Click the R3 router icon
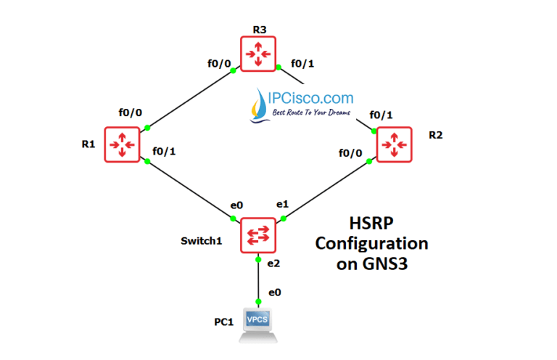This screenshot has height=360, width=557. [x=259, y=54]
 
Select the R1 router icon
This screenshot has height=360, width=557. [x=121, y=144]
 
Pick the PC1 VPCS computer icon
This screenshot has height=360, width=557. [x=258, y=326]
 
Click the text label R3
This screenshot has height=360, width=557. [x=259, y=29]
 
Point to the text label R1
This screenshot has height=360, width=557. [x=88, y=144]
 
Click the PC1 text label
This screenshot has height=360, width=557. [x=223, y=322]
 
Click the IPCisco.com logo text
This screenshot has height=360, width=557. [x=313, y=98]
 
